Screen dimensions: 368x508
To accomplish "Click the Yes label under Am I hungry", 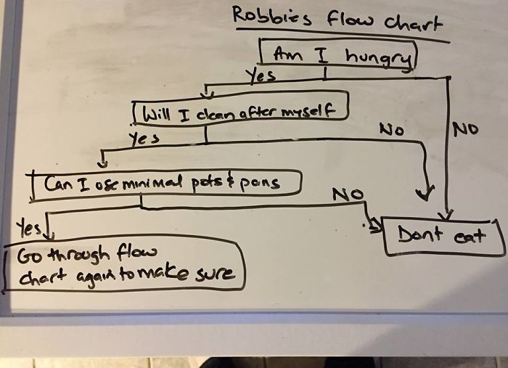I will click(261, 74).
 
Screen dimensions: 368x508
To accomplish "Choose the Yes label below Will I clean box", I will click(143, 137).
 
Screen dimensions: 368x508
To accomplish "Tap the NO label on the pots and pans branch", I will click(349, 195).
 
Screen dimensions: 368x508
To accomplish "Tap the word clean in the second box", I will click(208, 112).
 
